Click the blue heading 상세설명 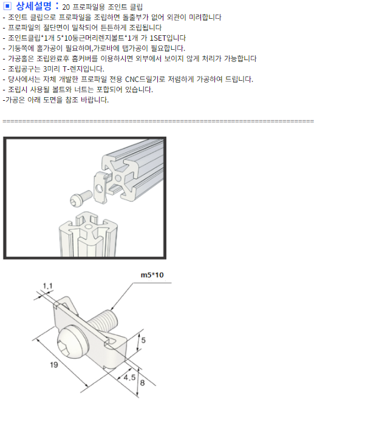click(x=33, y=5)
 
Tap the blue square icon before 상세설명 click(x=7, y=6)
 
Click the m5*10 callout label click(x=152, y=275)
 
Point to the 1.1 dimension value click(x=47, y=286)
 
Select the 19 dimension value click(x=54, y=365)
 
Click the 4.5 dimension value click(x=129, y=378)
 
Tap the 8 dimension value click(x=142, y=382)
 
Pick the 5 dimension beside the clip click(x=143, y=340)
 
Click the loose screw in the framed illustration click(x=81, y=198)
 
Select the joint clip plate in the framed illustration click(x=100, y=188)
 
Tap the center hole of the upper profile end click(x=118, y=178)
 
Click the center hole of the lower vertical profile click(x=89, y=226)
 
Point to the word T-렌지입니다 click(x=83, y=69)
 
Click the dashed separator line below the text click(x=159, y=121)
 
